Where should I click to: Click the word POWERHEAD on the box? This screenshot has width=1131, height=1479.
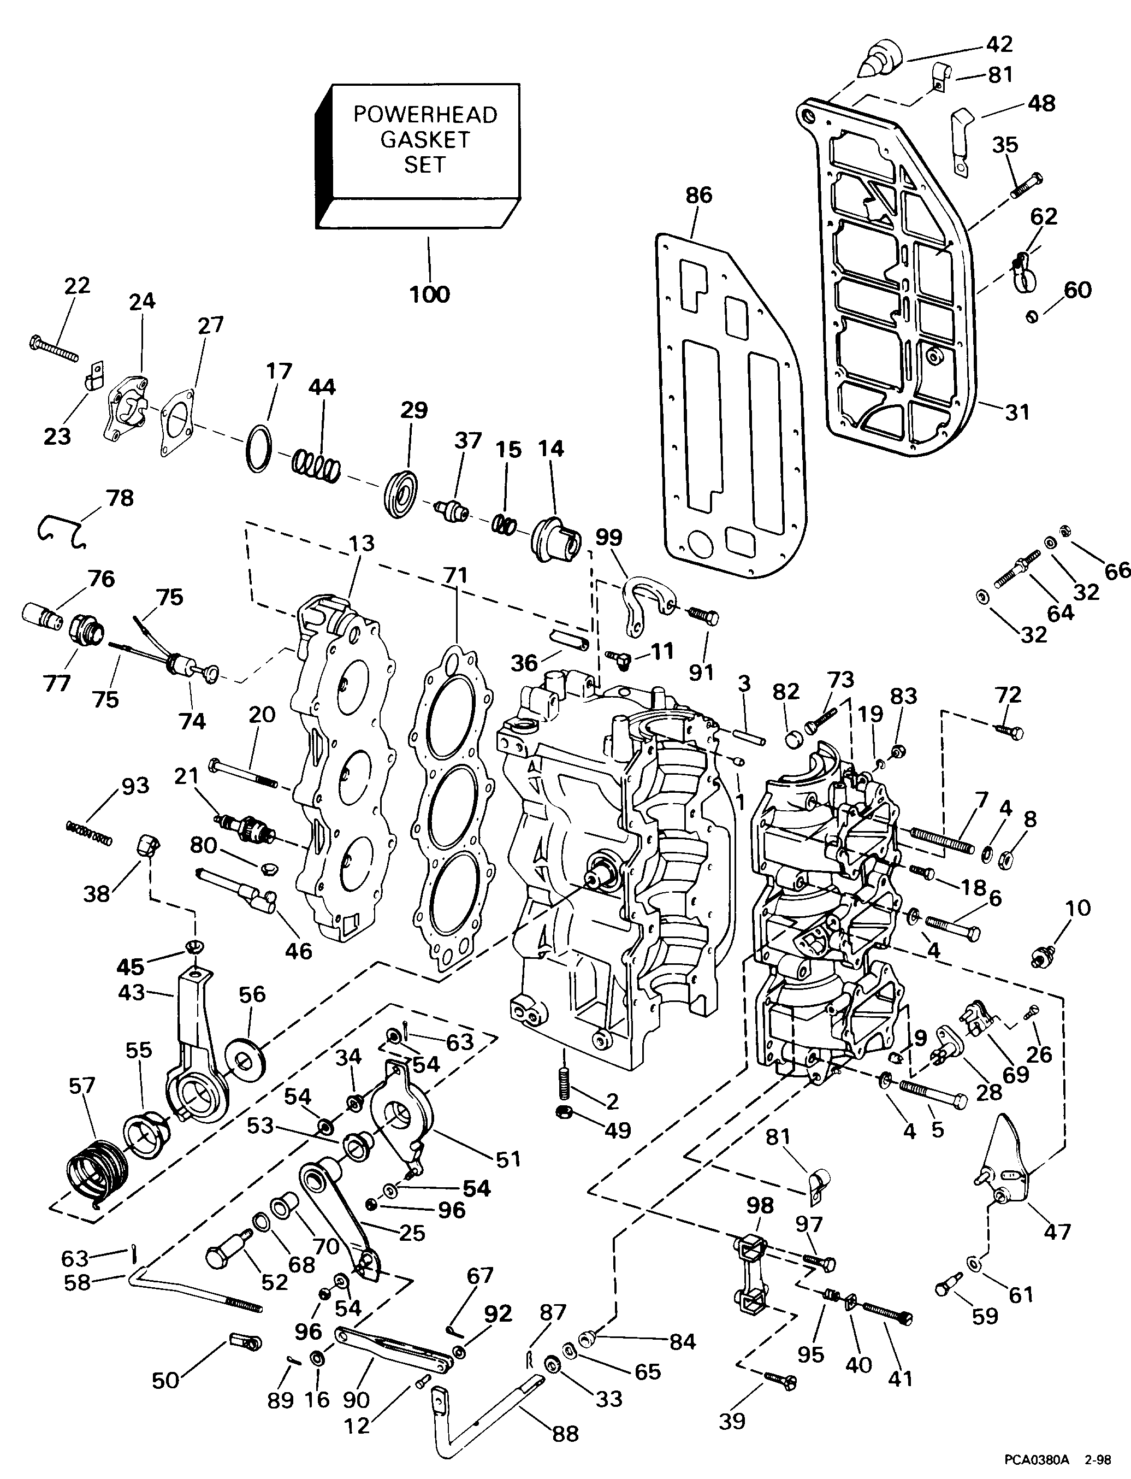[x=425, y=115]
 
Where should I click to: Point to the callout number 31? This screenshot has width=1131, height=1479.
[x=1017, y=411]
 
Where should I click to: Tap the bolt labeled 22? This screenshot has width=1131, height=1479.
[x=54, y=349]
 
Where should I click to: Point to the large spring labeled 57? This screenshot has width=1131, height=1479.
[x=98, y=1170]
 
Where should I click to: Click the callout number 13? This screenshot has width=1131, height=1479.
[x=362, y=543]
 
